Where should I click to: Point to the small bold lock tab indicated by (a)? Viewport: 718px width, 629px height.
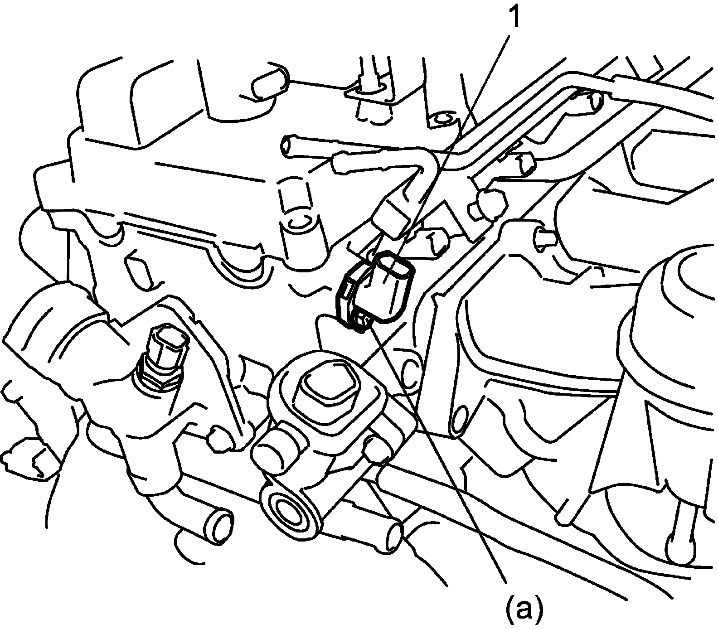[362, 323]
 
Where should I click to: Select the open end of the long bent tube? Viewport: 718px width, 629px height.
[288, 146]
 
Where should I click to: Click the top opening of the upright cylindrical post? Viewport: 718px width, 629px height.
[296, 221]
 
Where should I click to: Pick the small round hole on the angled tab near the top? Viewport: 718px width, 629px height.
[442, 119]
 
